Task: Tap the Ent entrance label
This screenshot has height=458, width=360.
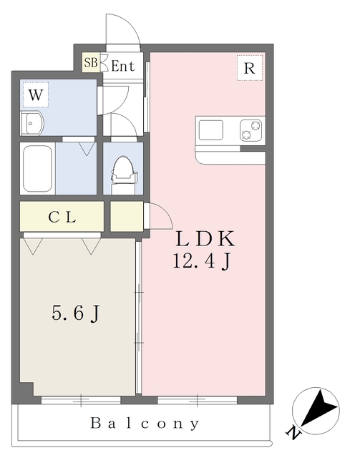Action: tap(123, 66)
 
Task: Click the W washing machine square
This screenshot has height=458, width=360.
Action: tap(35, 94)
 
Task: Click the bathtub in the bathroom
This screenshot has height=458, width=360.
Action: tap(38, 168)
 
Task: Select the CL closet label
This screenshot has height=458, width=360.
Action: tap(62, 217)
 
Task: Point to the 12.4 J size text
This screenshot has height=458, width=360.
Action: tap(201, 262)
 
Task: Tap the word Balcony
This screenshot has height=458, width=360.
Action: tap(145, 424)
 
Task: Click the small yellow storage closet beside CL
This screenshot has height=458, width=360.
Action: tap(127, 216)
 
